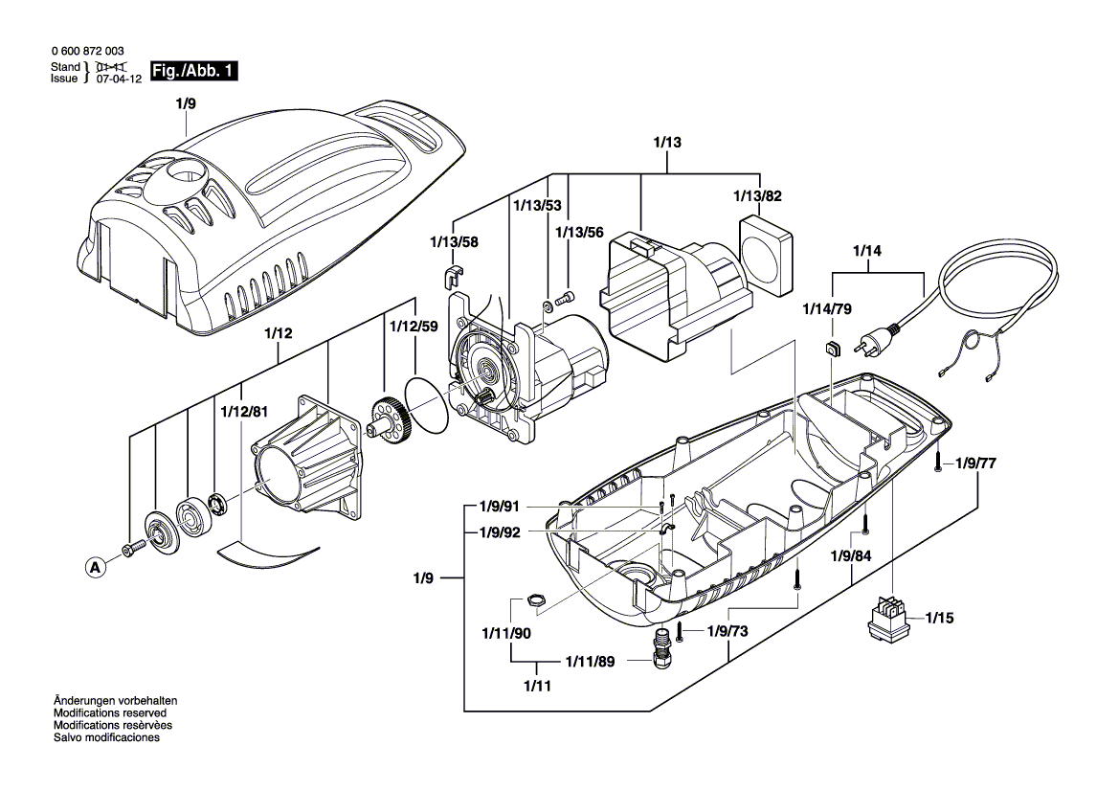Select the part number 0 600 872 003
click(85, 51)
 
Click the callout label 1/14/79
click(826, 309)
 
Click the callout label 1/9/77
click(975, 463)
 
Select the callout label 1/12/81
click(243, 412)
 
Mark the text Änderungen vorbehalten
click(115, 702)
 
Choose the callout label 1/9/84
click(850, 556)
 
